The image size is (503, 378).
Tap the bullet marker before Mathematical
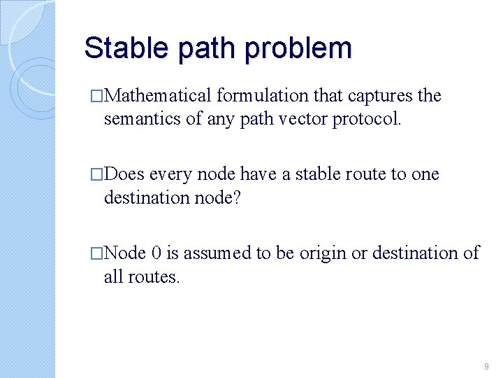click(x=96, y=96)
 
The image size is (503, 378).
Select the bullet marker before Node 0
click(x=96, y=253)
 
